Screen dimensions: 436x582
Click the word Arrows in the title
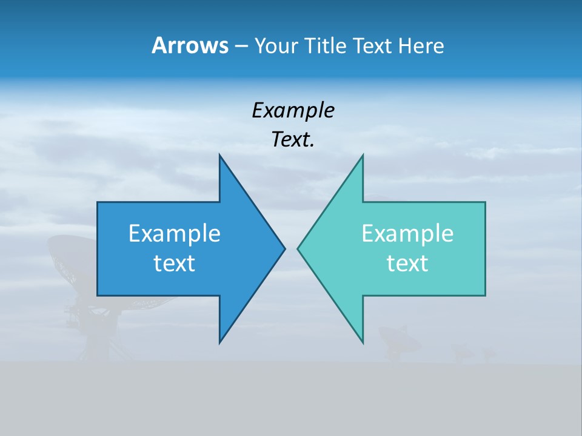pos(189,45)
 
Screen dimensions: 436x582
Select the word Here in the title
pos(421,45)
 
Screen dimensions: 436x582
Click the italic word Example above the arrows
pos(293,110)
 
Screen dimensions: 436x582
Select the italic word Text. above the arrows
pos(293,140)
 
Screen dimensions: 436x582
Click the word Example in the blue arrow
pos(175,234)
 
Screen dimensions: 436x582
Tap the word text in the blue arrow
pos(175,263)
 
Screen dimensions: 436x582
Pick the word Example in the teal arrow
pos(407,234)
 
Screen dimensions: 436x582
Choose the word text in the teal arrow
pos(407,263)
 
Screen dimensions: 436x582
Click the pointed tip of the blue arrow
pos(283,248)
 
